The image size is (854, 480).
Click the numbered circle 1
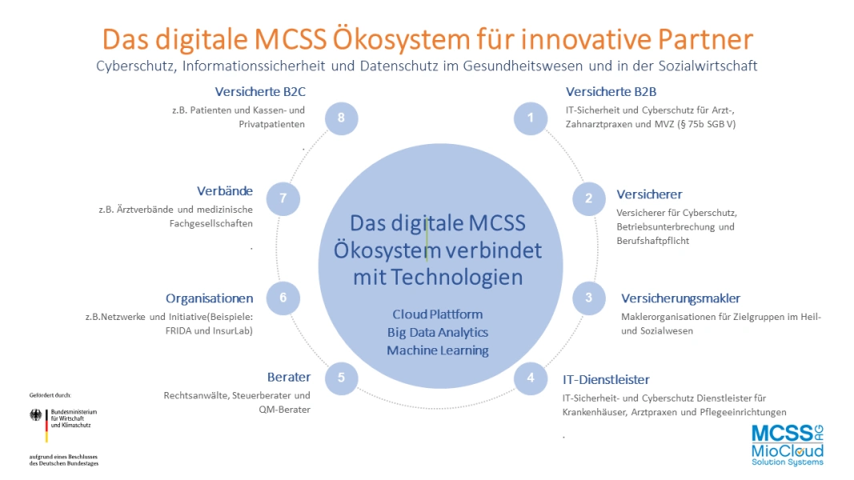531,118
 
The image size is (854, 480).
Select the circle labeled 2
589,198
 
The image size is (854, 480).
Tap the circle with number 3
589,298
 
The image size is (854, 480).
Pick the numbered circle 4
531,378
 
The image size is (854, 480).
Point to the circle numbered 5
342,378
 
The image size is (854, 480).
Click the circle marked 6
283,298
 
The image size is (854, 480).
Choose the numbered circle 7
283,198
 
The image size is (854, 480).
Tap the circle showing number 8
342,118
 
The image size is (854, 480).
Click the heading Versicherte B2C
260,91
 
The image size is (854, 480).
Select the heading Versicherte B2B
611,91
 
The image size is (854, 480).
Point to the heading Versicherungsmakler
681,298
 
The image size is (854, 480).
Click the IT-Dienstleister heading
606,379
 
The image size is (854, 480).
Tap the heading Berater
289,377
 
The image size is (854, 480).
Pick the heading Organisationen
210,298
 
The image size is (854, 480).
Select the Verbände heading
225,191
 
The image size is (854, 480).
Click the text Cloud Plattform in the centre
438,314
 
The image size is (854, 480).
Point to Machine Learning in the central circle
438,350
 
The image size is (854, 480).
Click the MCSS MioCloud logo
788,446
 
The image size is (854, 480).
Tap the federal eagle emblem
36,415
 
